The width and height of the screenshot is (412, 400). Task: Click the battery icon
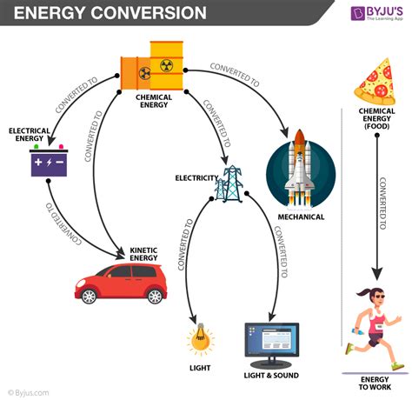pyautogui.click(x=50, y=163)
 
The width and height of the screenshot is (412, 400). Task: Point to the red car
pyautogui.click(x=118, y=282)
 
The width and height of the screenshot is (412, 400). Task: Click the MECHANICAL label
pyautogui.click(x=300, y=217)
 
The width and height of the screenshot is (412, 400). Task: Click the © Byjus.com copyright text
pyautogui.click(x=28, y=392)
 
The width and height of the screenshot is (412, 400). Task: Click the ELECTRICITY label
pyautogui.click(x=196, y=177)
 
